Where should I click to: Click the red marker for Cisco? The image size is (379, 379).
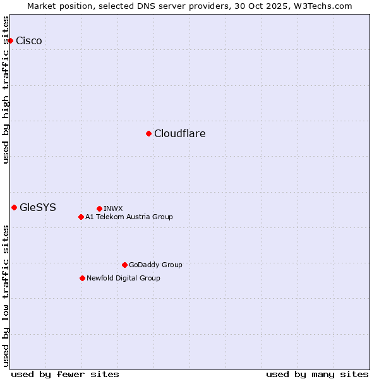click(x=10, y=41)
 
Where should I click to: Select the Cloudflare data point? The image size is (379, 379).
click(x=148, y=133)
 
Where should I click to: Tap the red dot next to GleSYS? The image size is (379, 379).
click(x=14, y=207)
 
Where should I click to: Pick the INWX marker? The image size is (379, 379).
click(x=99, y=208)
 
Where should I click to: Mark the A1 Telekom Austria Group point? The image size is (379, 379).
click(x=81, y=217)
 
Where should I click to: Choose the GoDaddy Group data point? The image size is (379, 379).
click(x=124, y=265)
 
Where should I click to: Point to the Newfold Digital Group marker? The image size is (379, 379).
click(x=82, y=278)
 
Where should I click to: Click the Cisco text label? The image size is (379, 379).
click(x=29, y=41)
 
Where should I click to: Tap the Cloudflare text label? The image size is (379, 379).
click(x=180, y=133)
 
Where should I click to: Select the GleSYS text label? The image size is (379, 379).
click(x=38, y=207)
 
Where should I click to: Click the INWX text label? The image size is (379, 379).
click(x=113, y=208)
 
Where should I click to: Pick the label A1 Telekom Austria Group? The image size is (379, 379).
click(x=129, y=217)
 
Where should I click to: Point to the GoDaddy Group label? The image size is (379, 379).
click(x=155, y=265)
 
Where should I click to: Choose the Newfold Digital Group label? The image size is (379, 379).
click(x=123, y=278)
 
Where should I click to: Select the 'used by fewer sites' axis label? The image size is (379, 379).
click(x=65, y=374)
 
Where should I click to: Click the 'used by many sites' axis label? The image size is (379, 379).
click(x=317, y=374)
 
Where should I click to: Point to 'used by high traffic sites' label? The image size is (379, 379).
click(x=6, y=90)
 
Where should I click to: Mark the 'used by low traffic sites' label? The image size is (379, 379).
click(x=6, y=296)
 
